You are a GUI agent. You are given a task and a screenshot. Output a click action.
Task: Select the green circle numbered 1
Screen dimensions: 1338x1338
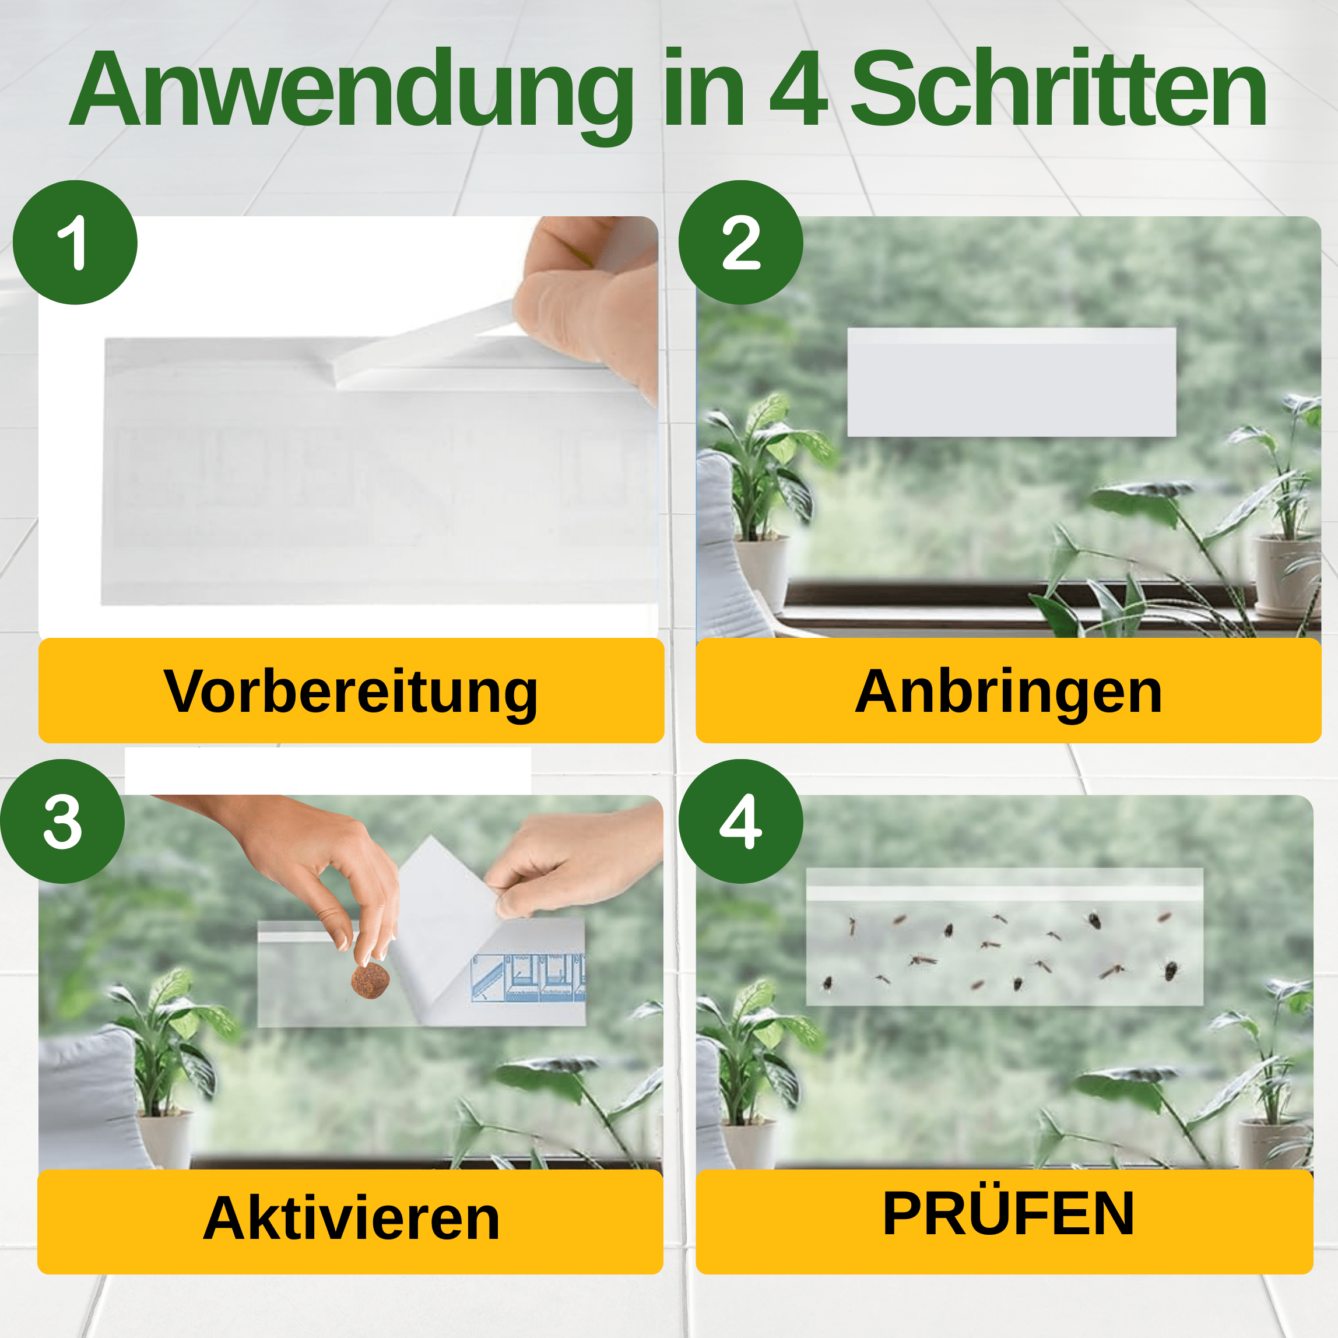[x=75, y=243]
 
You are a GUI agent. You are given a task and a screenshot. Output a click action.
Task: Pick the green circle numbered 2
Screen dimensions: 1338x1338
[x=740, y=243]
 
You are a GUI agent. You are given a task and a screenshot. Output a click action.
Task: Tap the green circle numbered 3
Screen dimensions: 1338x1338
[x=62, y=821]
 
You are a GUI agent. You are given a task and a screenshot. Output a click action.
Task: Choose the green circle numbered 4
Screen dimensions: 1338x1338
[x=740, y=821]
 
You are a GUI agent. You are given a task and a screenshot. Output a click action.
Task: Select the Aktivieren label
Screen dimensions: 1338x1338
[x=350, y=1219]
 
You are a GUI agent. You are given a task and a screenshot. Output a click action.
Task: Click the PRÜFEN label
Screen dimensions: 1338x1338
[x=1009, y=1213]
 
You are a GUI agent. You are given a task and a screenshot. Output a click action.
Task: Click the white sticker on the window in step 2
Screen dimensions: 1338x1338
[x=1011, y=382]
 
